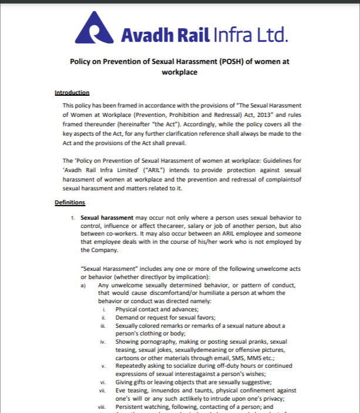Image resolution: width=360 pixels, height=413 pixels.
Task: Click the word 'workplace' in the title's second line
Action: [179, 72]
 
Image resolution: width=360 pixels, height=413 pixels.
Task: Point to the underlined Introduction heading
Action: [72, 93]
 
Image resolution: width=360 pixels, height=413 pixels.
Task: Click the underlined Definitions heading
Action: [70, 203]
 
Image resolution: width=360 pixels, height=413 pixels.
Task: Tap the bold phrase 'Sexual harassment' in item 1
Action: [107, 217]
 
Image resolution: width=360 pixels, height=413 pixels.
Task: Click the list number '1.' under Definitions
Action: [73, 218]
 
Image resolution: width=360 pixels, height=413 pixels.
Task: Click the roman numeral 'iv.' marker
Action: [103, 342]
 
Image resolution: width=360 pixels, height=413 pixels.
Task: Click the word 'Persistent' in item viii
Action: [131, 407]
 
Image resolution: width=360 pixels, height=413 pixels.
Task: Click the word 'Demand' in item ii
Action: [127, 317]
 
